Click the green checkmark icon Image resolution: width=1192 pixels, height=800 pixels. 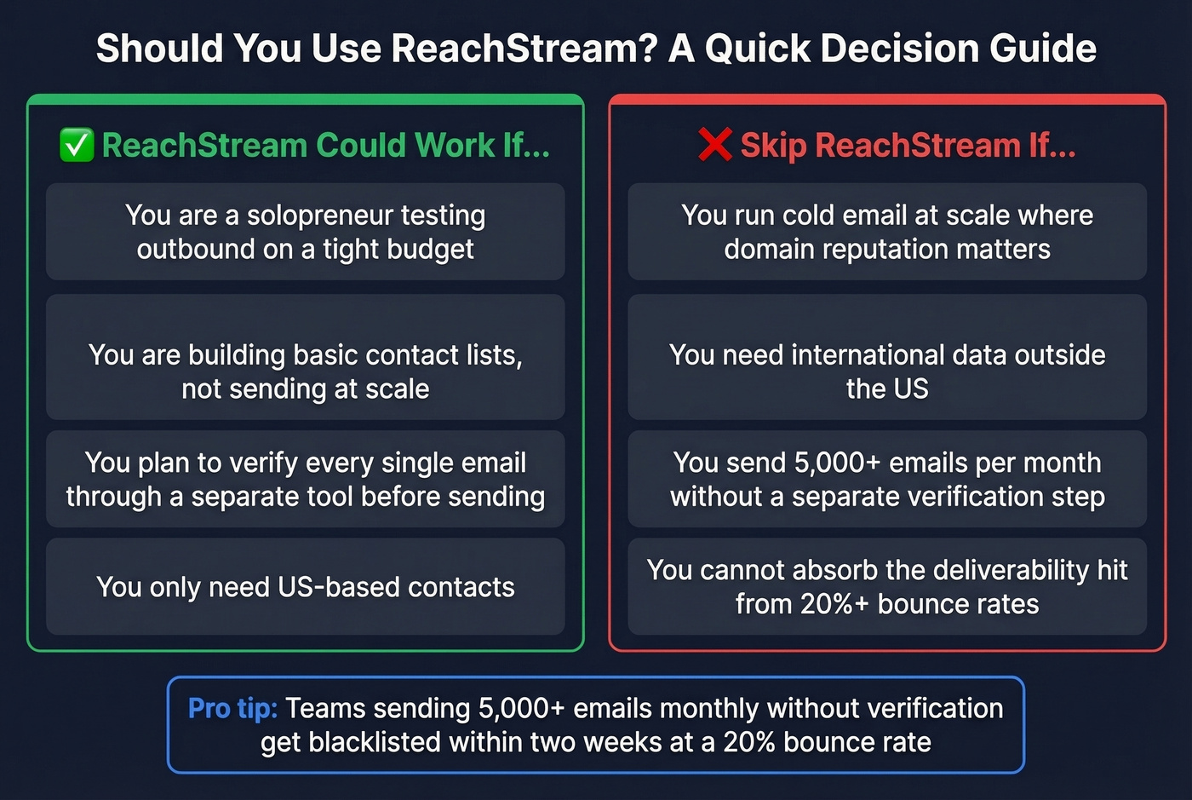[x=77, y=145]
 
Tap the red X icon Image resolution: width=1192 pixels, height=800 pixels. [x=714, y=145]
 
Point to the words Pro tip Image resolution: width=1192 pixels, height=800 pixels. [x=232, y=708]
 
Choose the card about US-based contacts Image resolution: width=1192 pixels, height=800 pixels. [x=305, y=586]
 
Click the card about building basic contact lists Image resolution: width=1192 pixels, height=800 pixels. [x=305, y=358]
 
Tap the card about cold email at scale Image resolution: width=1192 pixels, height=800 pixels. [x=886, y=232]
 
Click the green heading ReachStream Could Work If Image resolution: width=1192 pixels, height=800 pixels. [x=325, y=145]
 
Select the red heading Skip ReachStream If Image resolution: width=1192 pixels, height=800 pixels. [x=908, y=145]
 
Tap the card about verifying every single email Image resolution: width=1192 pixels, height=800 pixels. [x=305, y=479]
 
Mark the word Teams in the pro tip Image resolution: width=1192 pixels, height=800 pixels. [x=325, y=708]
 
